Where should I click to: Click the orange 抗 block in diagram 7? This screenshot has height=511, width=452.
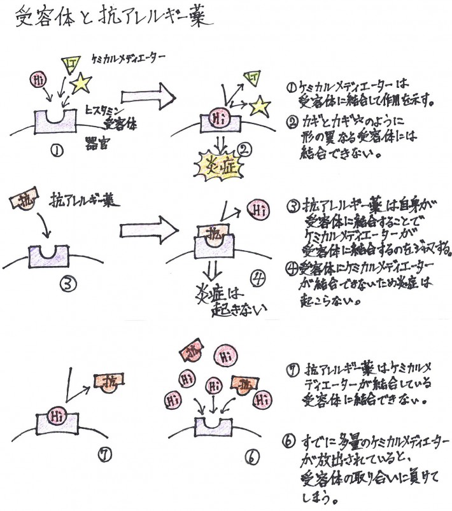(108, 382)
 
